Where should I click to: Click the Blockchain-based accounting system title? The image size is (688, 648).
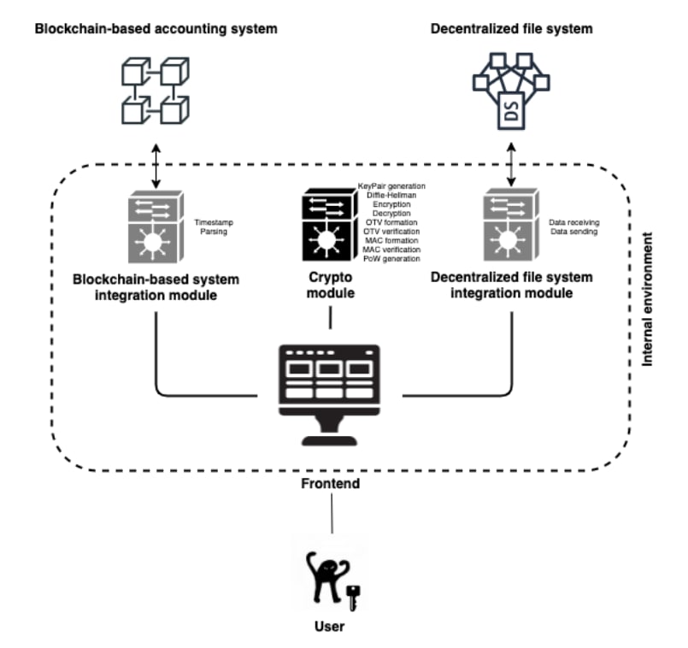pos(156,29)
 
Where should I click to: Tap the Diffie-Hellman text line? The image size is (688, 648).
pos(393,194)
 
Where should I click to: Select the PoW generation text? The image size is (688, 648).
pos(391,258)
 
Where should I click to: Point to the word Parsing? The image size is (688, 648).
pos(212,230)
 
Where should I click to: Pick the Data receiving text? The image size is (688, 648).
pos(573,221)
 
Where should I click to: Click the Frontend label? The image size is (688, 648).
pos(330,484)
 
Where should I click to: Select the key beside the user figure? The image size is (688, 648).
pos(352,598)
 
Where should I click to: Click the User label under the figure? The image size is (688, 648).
pos(329,627)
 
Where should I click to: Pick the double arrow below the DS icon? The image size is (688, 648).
pos(512,165)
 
